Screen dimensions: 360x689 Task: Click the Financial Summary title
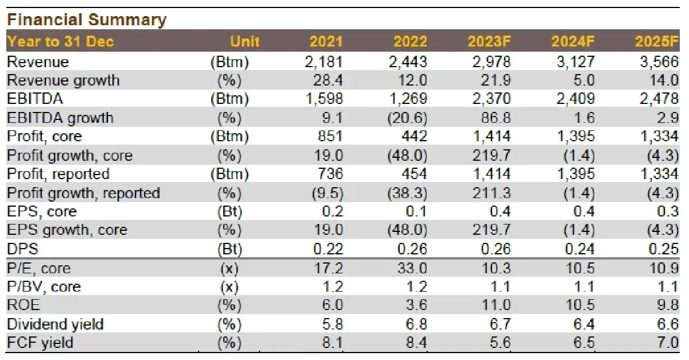click(86, 20)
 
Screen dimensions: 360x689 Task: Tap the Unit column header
click(245, 41)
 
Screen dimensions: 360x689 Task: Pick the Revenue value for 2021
click(326, 61)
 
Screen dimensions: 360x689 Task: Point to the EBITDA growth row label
click(60, 118)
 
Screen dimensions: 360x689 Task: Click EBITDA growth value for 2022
click(407, 118)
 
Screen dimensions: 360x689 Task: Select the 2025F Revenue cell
click(659, 61)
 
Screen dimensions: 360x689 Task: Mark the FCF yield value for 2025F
click(668, 343)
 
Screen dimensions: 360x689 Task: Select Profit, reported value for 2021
click(330, 174)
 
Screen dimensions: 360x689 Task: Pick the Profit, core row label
click(44, 137)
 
